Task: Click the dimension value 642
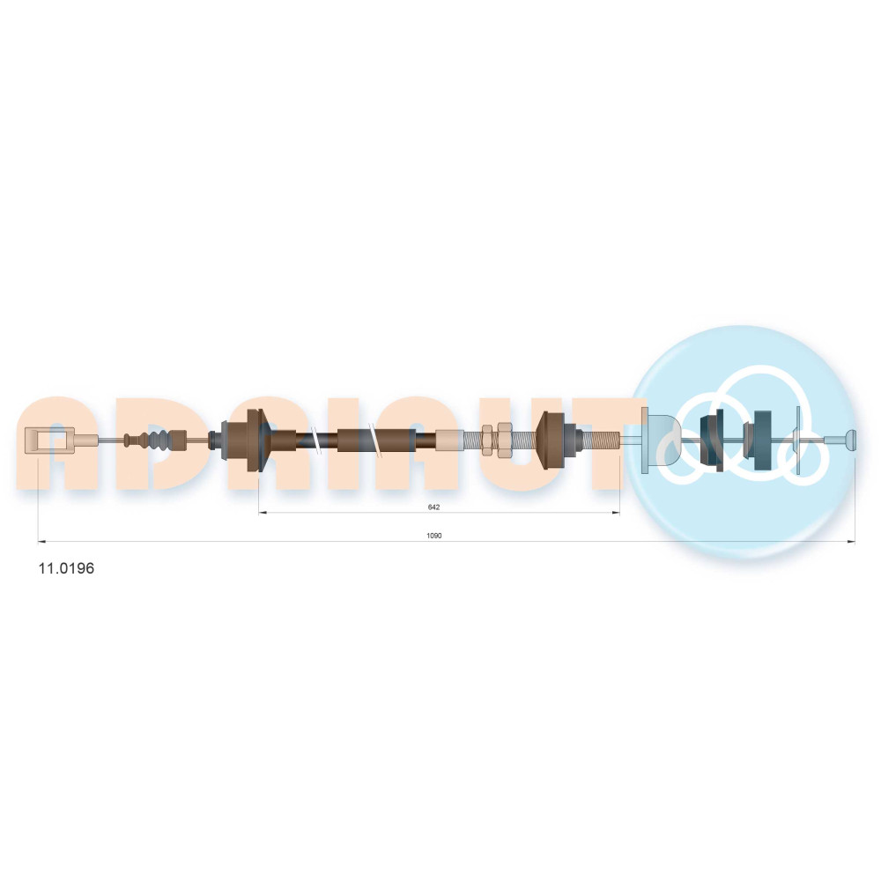(433, 507)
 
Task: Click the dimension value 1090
(434, 536)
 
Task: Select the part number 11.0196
(66, 568)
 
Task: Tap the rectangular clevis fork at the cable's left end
(49, 439)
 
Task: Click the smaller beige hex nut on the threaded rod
(487, 440)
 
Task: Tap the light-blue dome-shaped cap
(660, 440)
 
